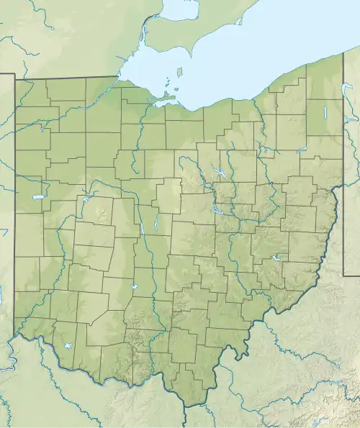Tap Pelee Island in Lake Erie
(179, 73)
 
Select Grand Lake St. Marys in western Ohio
(35, 196)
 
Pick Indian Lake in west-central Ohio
(84, 199)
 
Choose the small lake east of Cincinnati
(67, 346)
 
